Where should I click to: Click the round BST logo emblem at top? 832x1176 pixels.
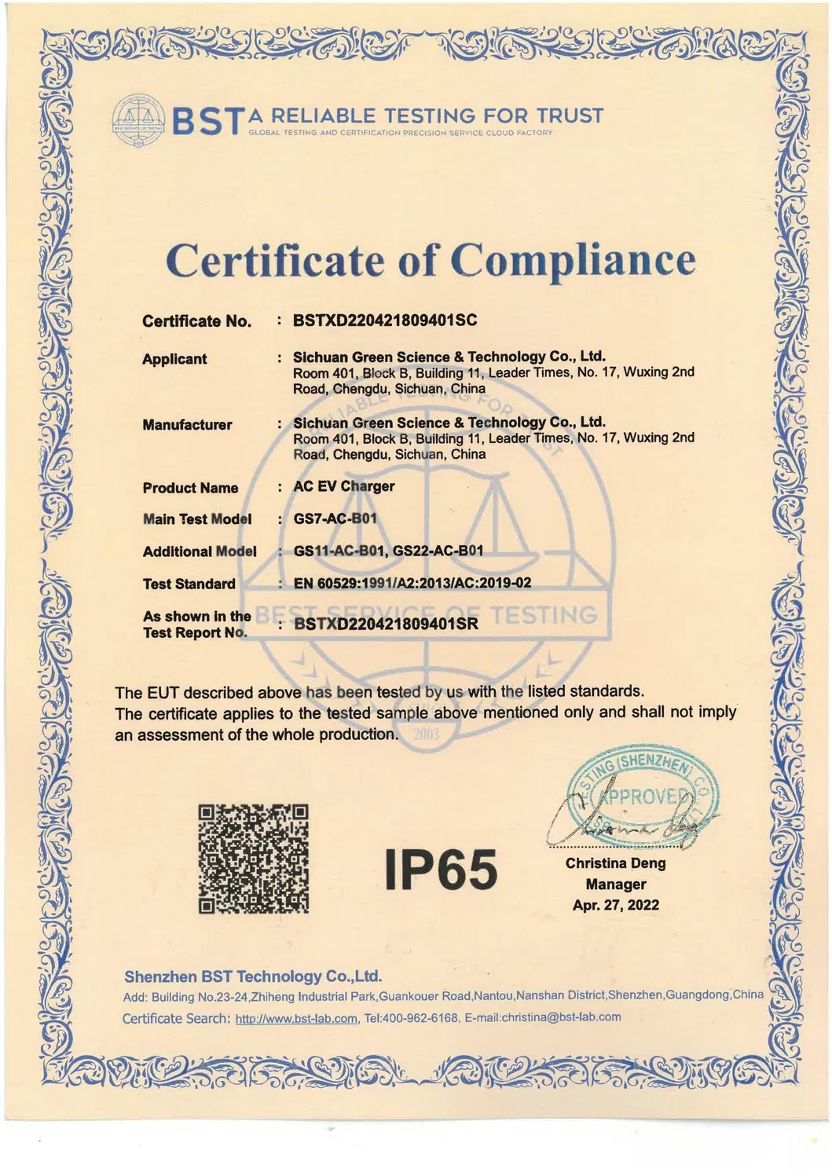[138, 120]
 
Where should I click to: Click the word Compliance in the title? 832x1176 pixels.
[573, 260]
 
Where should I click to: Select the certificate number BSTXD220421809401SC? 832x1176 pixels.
[385, 321]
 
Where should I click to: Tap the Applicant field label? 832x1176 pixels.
[174, 359]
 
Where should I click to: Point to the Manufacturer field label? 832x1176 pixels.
[187, 425]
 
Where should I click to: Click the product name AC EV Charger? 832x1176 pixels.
[344, 486]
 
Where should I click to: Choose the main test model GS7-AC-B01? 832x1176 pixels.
[335, 518]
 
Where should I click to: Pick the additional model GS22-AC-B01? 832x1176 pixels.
[438, 551]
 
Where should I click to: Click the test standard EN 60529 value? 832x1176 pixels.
[412, 583]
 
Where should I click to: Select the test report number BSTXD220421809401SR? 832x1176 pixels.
[386, 625]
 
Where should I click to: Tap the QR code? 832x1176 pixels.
[253, 859]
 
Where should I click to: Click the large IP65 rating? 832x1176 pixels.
[442, 870]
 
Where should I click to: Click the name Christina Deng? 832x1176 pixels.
[615, 863]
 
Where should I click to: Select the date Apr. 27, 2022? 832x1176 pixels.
[616, 905]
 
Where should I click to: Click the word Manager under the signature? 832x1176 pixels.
[616, 885]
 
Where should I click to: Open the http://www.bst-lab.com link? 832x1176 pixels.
[296, 1019]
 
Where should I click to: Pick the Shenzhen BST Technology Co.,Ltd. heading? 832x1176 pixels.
[253, 976]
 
